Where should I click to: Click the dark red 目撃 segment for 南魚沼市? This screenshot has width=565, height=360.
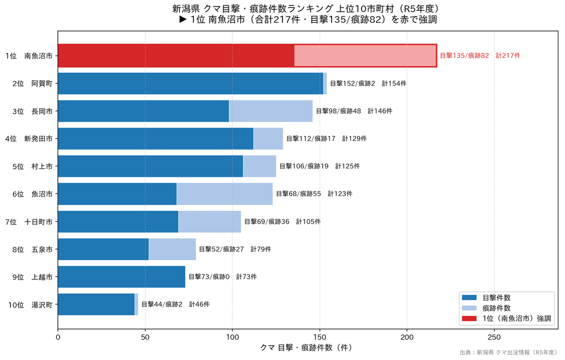pyautogui.click(x=176, y=56)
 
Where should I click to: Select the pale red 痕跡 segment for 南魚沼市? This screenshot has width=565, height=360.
pyautogui.click(x=365, y=56)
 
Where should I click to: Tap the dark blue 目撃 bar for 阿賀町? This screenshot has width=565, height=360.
pyautogui.click(x=190, y=83)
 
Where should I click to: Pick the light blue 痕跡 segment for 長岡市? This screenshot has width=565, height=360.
pyautogui.click(x=270, y=111)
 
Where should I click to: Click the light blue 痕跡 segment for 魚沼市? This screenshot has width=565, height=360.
pyautogui.click(x=225, y=194)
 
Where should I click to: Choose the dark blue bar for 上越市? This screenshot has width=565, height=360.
pyautogui.click(x=121, y=277)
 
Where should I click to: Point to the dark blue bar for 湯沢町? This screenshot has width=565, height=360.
pyautogui.click(x=96, y=304)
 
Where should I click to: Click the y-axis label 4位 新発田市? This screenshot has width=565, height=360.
pyautogui.click(x=29, y=139)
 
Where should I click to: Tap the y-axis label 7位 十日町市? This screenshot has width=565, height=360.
pyautogui.click(x=29, y=221)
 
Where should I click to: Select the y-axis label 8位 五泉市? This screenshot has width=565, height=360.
pyautogui.click(x=33, y=249)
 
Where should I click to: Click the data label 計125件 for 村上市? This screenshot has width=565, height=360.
pyautogui.click(x=348, y=166)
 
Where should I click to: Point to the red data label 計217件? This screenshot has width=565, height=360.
pyautogui.click(x=508, y=56)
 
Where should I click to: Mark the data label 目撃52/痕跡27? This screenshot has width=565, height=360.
pyautogui.click(x=221, y=249)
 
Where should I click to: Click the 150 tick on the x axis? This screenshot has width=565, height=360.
pyautogui.click(x=319, y=337)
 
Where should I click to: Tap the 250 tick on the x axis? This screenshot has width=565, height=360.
pyautogui.click(x=494, y=337)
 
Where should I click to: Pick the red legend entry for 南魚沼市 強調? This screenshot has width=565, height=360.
pyautogui.click(x=507, y=319)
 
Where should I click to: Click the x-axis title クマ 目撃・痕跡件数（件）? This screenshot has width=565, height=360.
pyautogui.click(x=306, y=348)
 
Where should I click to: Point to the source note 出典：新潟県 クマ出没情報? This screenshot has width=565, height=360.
pyautogui.click(x=508, y=352)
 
